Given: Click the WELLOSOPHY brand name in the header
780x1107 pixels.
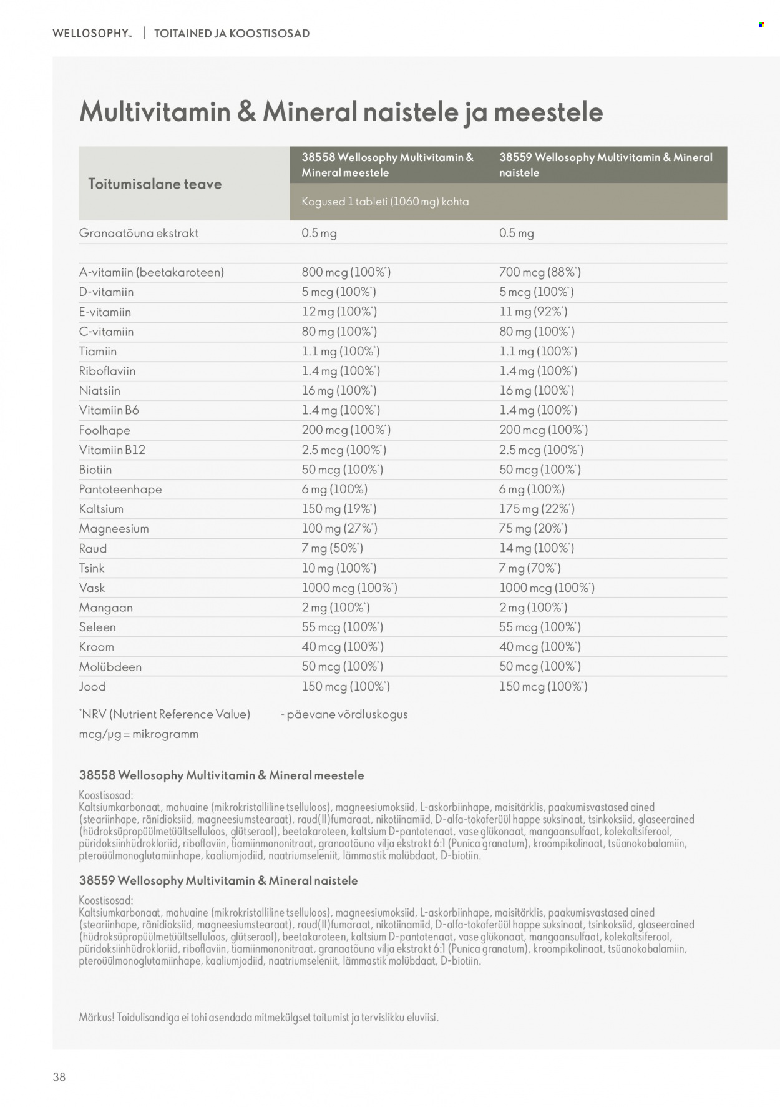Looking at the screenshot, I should coord(92,34).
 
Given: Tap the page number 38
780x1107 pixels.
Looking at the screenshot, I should coord(59,1076).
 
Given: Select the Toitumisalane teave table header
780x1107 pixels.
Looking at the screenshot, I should coord(155,184).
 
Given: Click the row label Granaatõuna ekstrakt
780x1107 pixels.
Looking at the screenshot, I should coord(139,233).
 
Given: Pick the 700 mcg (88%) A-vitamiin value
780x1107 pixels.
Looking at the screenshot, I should coord(540,272).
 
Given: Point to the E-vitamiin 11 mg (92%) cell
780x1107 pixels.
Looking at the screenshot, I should coord(533,312).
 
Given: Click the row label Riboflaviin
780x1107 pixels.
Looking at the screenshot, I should coord(107,371).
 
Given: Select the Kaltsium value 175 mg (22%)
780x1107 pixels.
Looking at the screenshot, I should coord(537,509).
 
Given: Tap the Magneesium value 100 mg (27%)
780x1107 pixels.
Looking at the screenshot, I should coord(339,529).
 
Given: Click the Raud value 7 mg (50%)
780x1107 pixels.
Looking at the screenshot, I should coord(332,548).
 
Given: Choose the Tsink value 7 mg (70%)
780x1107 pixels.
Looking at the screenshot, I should coord(530,568).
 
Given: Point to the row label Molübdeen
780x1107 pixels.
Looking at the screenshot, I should coord(110,667).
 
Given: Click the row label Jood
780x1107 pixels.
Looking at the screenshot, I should coord(92,687).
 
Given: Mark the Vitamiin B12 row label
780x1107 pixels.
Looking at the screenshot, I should coord(112,450).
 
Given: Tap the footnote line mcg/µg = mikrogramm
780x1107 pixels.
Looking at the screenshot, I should coord(139,734).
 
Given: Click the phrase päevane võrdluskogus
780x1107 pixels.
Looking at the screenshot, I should coord(347,714).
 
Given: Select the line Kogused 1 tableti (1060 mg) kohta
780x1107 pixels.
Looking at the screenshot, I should coord(385,202).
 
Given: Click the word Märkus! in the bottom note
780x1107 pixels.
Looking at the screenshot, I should coord(97,1017).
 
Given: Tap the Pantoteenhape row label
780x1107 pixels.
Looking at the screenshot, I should coord(120,490).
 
